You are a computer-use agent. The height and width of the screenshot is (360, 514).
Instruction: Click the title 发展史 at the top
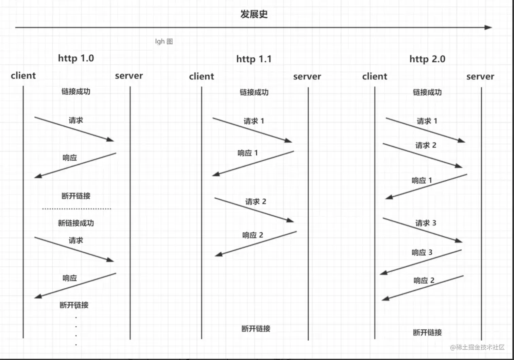point(254,14)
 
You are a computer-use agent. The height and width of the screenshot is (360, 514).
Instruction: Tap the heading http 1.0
point(76,58)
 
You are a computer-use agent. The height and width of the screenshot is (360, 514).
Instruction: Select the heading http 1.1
point(254,59)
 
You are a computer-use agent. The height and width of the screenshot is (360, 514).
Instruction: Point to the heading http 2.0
point(427,59)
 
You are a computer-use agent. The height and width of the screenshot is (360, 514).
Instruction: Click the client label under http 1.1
point(202,76)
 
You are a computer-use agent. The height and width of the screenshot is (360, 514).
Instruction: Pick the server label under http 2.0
point(480,76)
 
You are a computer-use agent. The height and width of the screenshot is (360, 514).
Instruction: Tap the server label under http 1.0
point(129,76)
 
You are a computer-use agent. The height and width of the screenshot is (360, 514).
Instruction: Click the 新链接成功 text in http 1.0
point(76,223)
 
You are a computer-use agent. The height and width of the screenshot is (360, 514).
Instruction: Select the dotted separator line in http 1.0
point(76,209)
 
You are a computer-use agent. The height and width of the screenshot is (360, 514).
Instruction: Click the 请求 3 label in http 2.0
point(426,223)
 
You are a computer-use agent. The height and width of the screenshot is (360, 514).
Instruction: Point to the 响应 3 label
point(422,252)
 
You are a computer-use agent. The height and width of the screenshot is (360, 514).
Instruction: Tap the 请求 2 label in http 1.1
point(256,202)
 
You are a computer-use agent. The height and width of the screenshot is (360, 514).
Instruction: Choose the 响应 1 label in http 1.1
point(247,153)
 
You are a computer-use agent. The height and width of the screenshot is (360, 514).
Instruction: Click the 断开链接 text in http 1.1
point(256,328)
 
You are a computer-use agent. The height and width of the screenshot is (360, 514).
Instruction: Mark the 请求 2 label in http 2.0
point(426,145)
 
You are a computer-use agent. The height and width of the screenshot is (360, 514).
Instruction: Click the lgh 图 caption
point(164,41)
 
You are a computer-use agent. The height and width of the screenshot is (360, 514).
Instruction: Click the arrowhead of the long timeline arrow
point(489,28)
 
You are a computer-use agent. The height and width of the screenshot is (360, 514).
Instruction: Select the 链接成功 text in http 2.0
point(427,92)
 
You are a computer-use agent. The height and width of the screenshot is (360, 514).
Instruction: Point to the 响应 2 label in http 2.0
point(424,281)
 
